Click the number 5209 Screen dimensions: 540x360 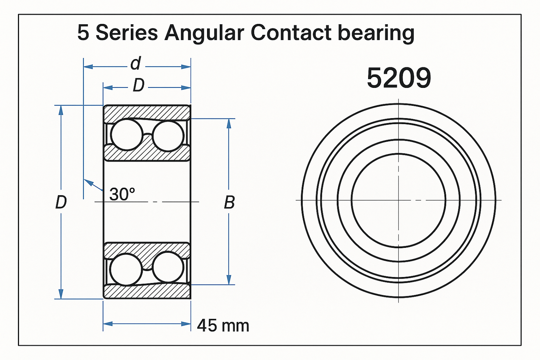point(399,78)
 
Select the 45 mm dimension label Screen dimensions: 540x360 point(223,326)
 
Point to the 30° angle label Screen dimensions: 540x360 point(122,194)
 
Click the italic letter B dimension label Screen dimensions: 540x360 point(229,203)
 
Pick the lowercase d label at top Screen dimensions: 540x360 point(136,64)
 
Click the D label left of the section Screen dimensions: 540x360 point(61,202)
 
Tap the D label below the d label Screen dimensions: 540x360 point(139,85)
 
